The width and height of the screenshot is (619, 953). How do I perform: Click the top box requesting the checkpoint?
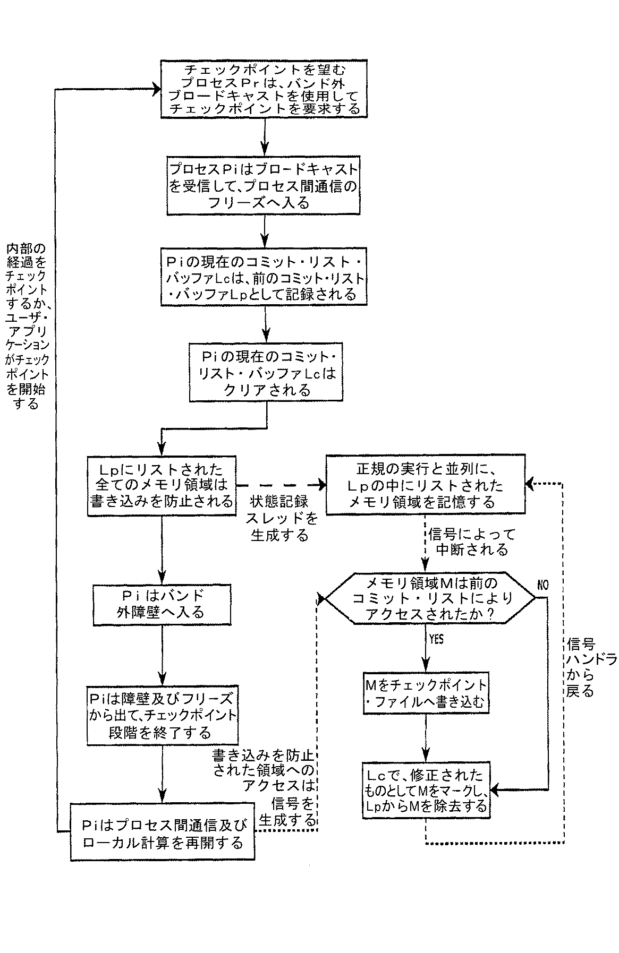pyautogui.click(x=264, y=89)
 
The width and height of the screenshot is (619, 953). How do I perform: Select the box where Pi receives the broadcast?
pyautogui.click(x=264, y=186)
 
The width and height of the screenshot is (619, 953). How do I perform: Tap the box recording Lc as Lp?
pyautogui.click(x=264, y=276)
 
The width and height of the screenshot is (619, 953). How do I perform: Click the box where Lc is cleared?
pyautogui.click(x=264, y=373)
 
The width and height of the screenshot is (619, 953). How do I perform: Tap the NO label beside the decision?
pyautogui.click(x=542, y=586)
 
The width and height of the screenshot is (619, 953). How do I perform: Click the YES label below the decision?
pyautogui.click(x=435, y=640)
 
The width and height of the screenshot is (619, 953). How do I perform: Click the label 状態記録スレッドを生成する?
pyautogui.click(x=280, y=518)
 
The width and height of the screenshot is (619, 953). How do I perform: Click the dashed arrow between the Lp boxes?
pyautogui.click(x=280, y=484)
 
